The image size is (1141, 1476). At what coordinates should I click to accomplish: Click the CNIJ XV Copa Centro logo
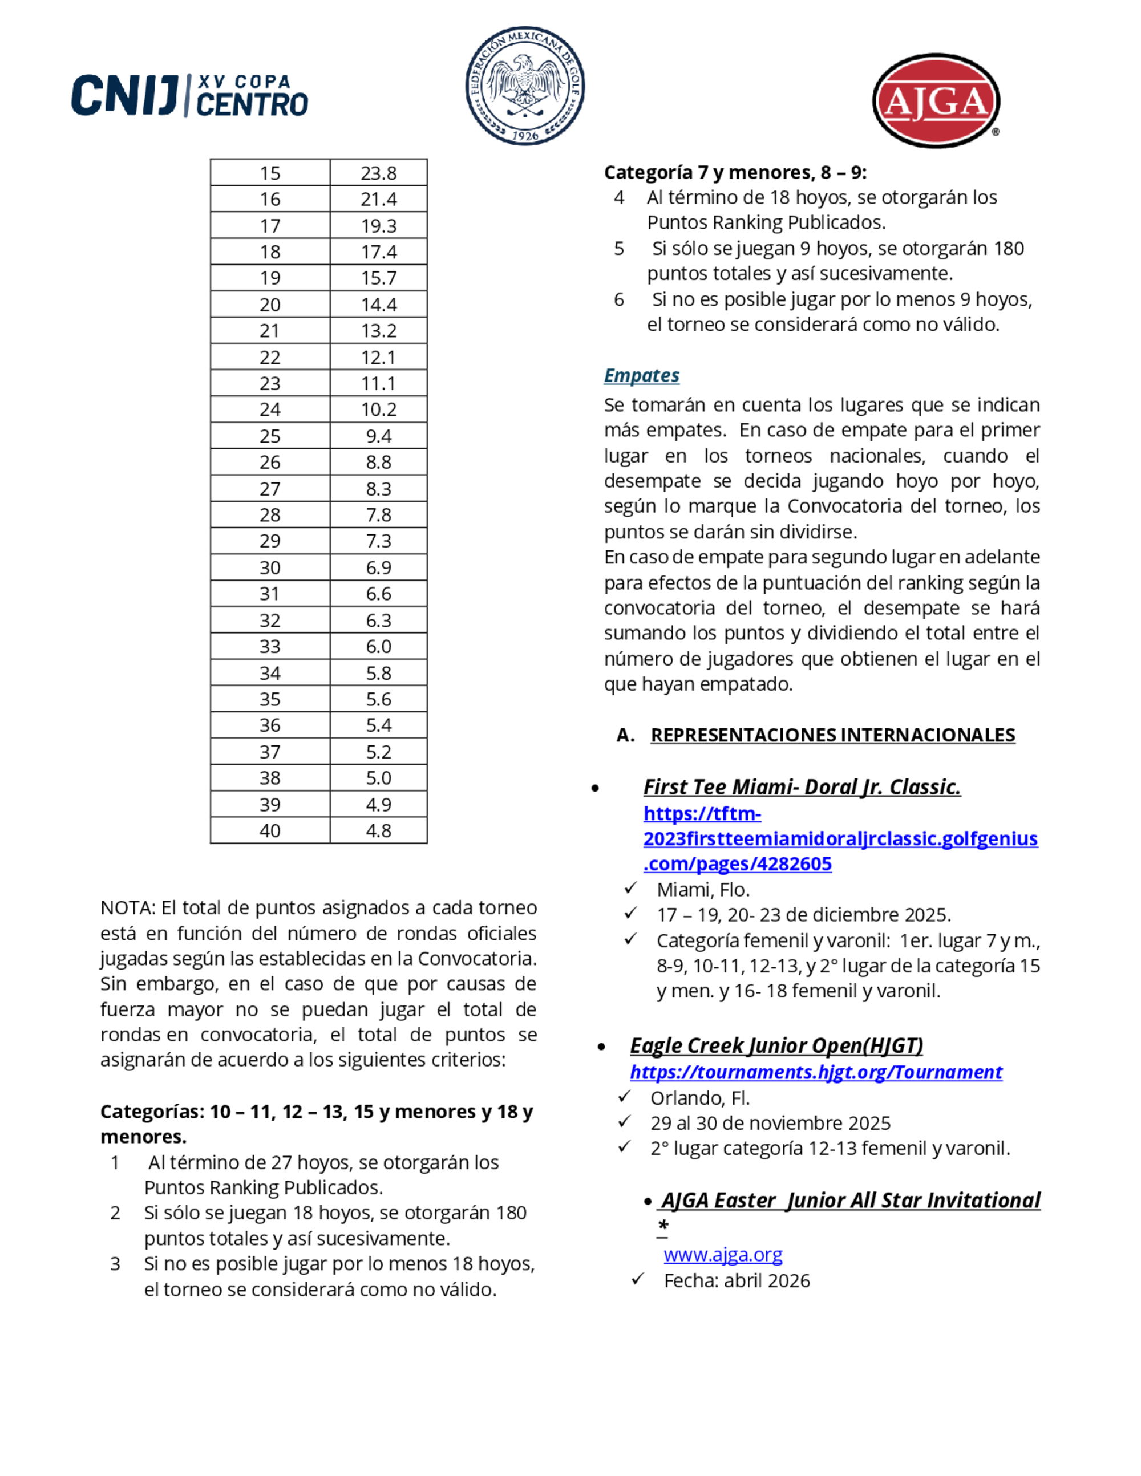pyautogui.click(x=190, y=95)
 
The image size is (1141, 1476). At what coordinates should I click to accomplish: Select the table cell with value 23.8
pyautogui.click(x=379, y=173)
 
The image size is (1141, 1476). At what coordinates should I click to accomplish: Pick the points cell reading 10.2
pyautogui.click(x=379, y=409)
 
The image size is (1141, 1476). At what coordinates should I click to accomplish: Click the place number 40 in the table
pyautogui.click(x=270, y=830)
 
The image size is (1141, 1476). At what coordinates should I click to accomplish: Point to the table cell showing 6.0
pyautogui.click(x=379, y=646)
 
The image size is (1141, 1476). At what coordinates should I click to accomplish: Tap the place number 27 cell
pyautogui.click(x=270, y=489)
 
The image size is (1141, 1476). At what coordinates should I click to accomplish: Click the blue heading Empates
pyautogui.click(x=641, y=375)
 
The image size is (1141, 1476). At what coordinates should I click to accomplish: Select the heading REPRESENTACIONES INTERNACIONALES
pyautogui.click(x=832, y=735)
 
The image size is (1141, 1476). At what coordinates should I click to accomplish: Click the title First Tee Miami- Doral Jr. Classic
pyautogui.click(x=802, y=786)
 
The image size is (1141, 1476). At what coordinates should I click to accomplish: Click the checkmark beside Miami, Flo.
pyautogui.click(x=630, y=887)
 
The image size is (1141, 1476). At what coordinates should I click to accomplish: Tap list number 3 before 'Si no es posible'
pyautogui.click(x=116, y=1263)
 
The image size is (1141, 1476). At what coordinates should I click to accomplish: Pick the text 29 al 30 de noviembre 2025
pyautogui.click(x=770, y=1122)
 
